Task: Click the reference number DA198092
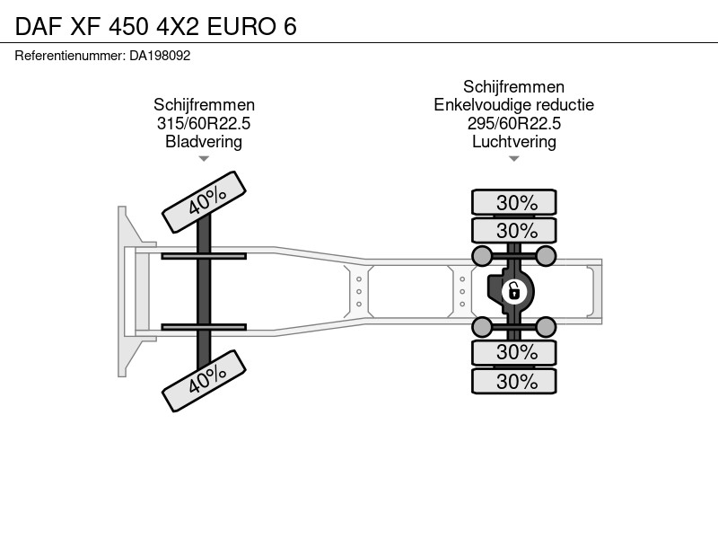point(160,56)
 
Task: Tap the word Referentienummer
point(70,56)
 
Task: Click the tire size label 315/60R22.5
point(204,123)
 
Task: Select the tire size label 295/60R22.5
point(513,123)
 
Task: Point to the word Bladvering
point(204,142)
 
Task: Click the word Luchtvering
point(513,142)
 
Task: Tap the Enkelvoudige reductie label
point(513,105)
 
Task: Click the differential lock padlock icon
point(513,291)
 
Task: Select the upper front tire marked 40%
point(205,202)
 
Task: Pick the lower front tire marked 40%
point(205,381)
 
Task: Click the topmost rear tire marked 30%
point(514,202)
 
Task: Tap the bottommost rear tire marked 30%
point(514,381)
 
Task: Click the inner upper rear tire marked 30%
point(514,230)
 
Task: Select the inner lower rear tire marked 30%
point(514,352)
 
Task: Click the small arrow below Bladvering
point(204,159)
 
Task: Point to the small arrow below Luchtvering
point(513,159)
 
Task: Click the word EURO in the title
point(241,27)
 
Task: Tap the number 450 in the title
point(128,27)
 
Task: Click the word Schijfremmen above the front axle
point(204,105)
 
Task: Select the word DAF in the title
point(39,27)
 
